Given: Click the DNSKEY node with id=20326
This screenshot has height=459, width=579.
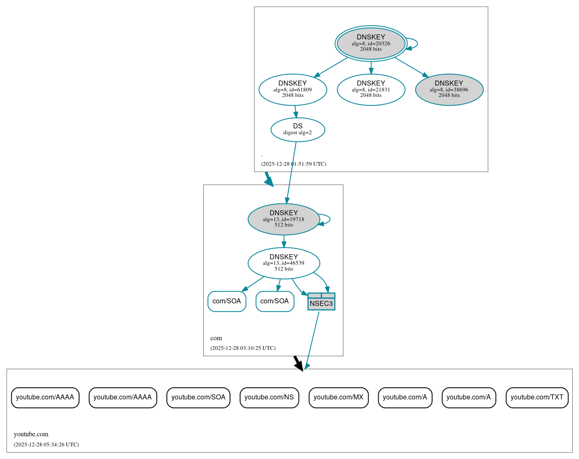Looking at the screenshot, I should (x=371, y=43).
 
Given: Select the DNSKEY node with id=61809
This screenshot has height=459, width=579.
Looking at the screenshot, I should (x=293, y=89).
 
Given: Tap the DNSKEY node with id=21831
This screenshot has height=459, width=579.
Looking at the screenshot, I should (x=371, y=89).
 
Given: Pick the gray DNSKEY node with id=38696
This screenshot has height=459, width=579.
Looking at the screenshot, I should (x=449, y=89).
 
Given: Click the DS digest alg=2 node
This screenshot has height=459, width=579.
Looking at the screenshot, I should (x=298, y=129).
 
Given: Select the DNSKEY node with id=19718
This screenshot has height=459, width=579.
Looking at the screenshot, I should (x=284, y=219).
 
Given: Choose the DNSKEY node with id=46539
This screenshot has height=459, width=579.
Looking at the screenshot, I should (x=284, y=263).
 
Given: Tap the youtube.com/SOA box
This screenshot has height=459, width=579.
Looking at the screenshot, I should (x=198, y=397).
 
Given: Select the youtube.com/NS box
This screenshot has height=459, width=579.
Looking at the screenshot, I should (x=269, y=397).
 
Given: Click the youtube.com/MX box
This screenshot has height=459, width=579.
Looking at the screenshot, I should (x=338, y=397).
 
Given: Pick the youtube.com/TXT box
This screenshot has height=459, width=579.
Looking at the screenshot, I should (x=537, y=397).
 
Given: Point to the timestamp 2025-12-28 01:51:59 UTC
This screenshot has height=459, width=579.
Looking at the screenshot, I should (x=293, y=164).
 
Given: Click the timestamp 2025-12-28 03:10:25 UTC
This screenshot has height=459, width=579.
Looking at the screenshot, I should (x=243, y=348).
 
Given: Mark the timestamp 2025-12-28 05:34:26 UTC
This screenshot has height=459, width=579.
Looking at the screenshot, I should (x=46, y=445).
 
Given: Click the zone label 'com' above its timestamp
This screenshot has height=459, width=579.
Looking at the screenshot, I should (x=216, y=338).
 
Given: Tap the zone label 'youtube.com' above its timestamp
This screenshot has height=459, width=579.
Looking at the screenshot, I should (x=31, y=434).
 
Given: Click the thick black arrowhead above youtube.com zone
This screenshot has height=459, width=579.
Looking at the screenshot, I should (x=299, y=366).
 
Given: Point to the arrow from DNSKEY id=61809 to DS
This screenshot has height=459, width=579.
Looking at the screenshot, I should (x=296, y=112).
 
